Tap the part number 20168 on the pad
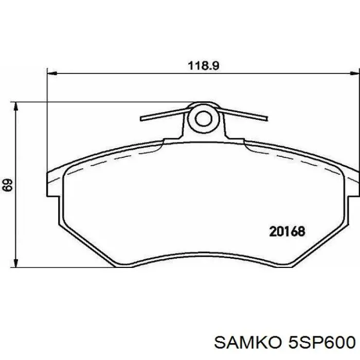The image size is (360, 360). pyautogui.click(x=287, y=231)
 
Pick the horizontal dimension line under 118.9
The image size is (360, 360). pyautogui.click(x=129, y=74)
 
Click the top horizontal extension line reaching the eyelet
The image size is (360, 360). pyautogui.click(x=103, y=101)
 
